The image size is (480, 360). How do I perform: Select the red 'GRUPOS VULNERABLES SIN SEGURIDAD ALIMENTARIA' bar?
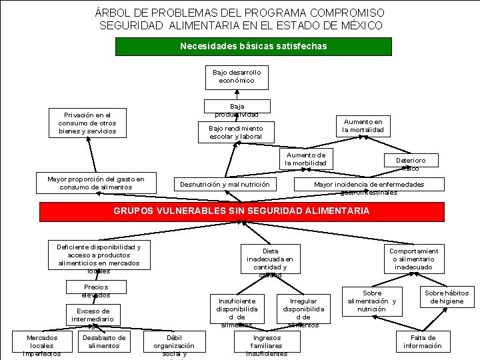tap(241, 211)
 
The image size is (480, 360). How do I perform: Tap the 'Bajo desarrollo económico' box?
tap(237, 76)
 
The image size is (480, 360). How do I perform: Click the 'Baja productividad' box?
tap(237, 107)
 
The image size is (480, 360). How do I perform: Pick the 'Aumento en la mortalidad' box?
tap(363, 125)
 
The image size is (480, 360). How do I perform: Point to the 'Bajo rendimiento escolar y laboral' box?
tap(235, 132)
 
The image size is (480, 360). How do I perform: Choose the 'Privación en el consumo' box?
tap(87, 123)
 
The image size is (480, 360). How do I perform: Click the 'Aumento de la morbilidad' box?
tap(305, 159)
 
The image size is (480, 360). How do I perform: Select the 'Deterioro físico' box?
tap(411, 163)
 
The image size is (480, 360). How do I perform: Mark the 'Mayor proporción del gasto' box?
tap(96, 183)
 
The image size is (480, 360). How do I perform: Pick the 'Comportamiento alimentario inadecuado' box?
tap(413, 259)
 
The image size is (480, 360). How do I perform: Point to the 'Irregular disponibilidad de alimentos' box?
tap(303, 311)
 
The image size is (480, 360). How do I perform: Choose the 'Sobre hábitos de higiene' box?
tap(447, 297)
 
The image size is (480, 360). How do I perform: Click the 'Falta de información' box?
tap(422, 341)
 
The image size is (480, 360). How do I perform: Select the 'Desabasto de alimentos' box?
tap(104, 341)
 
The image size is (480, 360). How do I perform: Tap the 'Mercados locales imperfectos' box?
tap(41, 345)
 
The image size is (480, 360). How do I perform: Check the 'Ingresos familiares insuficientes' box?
tap(267, 345)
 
